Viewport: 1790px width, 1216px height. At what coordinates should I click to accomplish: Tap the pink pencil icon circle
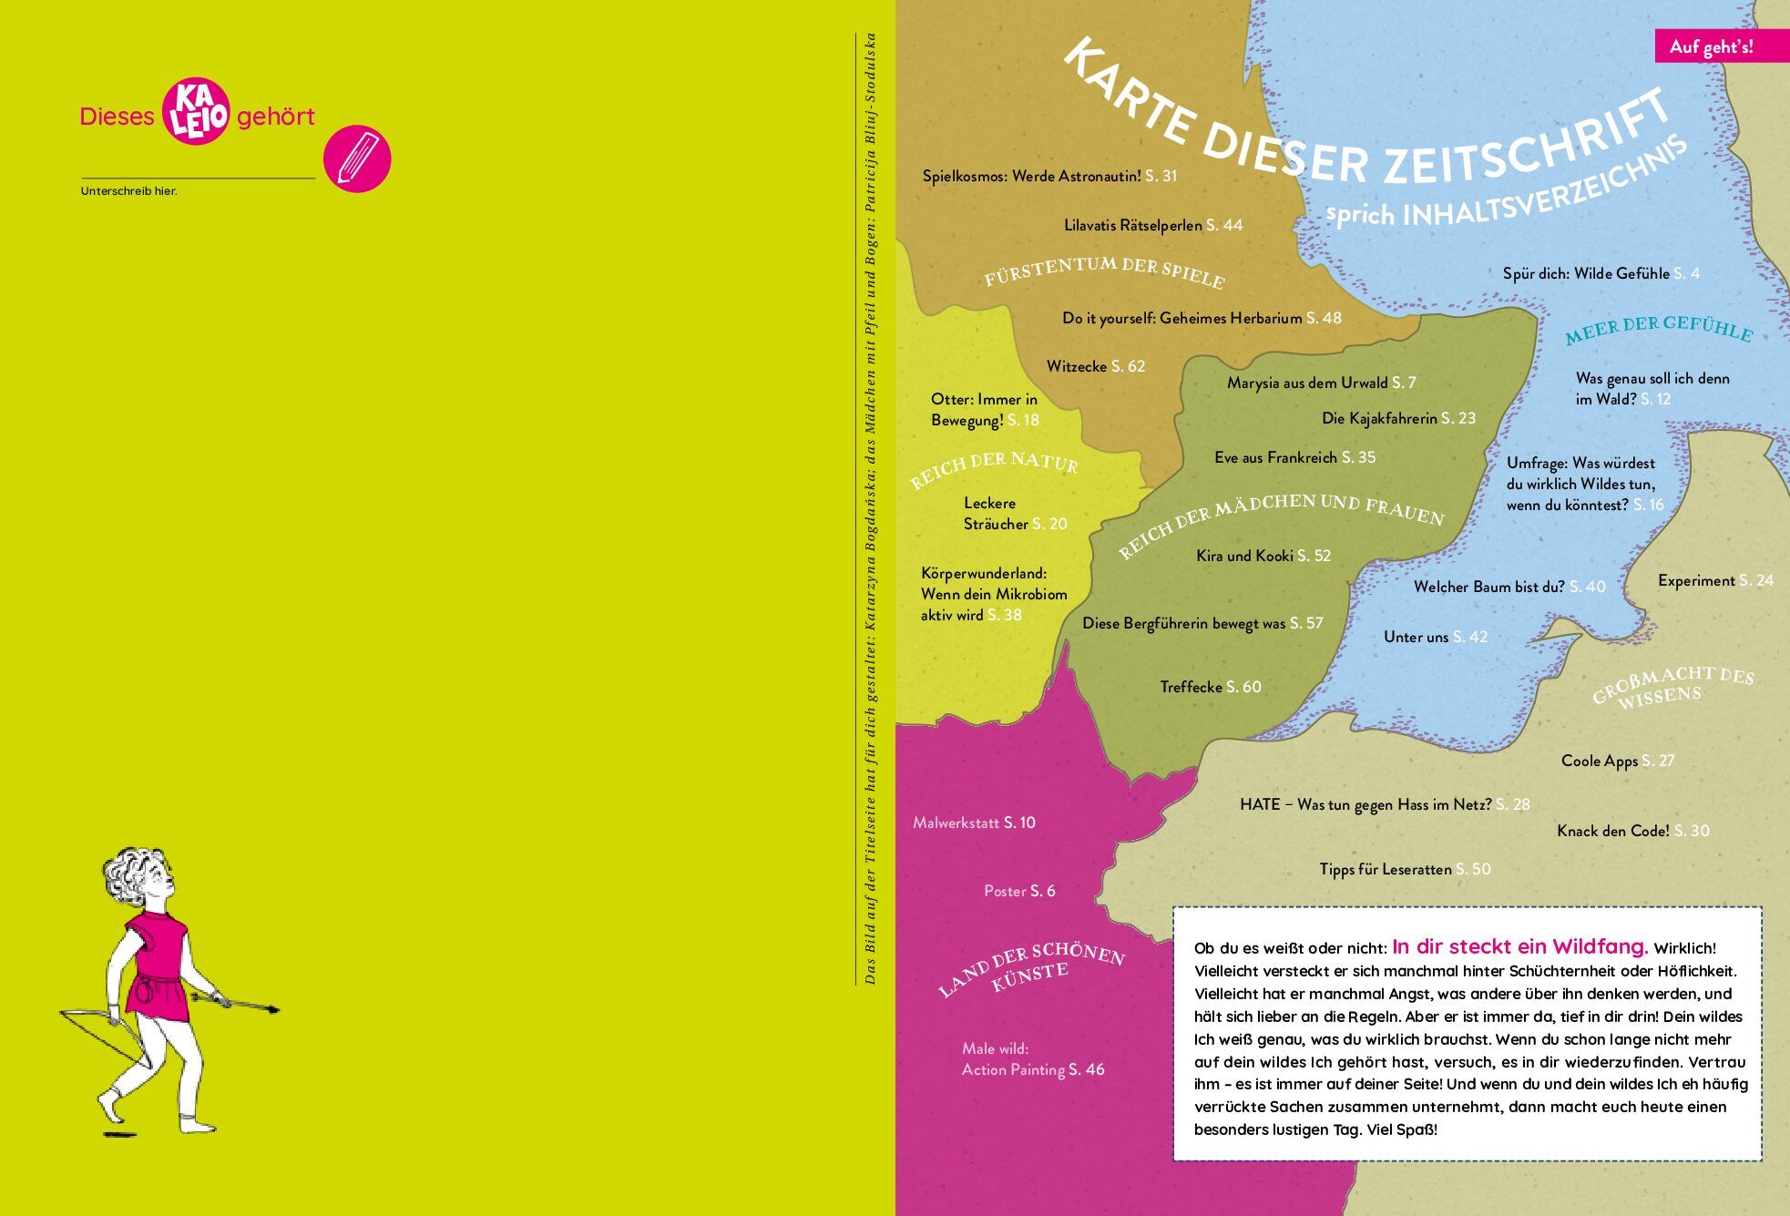[x=357, y=158]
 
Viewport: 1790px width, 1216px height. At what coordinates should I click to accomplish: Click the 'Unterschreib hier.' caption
[x=128, y=191]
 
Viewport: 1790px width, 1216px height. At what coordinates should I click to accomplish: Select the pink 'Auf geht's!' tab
[x=1710, y=46]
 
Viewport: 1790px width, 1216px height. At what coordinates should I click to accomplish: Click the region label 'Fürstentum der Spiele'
[x=1104, y=271]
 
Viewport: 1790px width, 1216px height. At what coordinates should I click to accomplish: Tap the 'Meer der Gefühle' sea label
[x=1659, y=330]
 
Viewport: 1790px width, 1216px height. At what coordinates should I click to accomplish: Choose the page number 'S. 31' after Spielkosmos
[x=1161, y=176]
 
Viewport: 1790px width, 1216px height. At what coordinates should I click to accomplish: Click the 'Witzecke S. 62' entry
[x=1095, y=366]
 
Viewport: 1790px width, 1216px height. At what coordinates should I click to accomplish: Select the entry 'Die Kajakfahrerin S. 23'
[x=1398, y=418]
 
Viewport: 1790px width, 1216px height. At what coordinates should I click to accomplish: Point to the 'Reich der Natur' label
[x=994, y=468]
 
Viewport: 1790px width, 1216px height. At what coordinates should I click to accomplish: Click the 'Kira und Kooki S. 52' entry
[x=1263, y=556]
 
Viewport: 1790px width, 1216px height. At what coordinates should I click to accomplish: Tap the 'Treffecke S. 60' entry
[x=1210, y=687]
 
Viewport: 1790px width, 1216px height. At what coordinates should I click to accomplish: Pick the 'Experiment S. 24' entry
[x=1714, y=580]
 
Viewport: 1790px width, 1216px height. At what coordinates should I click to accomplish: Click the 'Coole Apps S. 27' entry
[x=1617, y=761]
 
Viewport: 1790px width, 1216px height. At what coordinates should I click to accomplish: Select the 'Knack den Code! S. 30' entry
[x=1632, y=831]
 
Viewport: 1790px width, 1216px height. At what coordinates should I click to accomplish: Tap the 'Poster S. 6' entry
[x=1018, y=891]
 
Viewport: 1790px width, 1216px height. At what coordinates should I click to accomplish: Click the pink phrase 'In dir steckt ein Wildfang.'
[x=1519, y=946]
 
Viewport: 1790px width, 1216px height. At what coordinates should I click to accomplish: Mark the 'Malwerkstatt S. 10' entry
[x=973, y=823]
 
